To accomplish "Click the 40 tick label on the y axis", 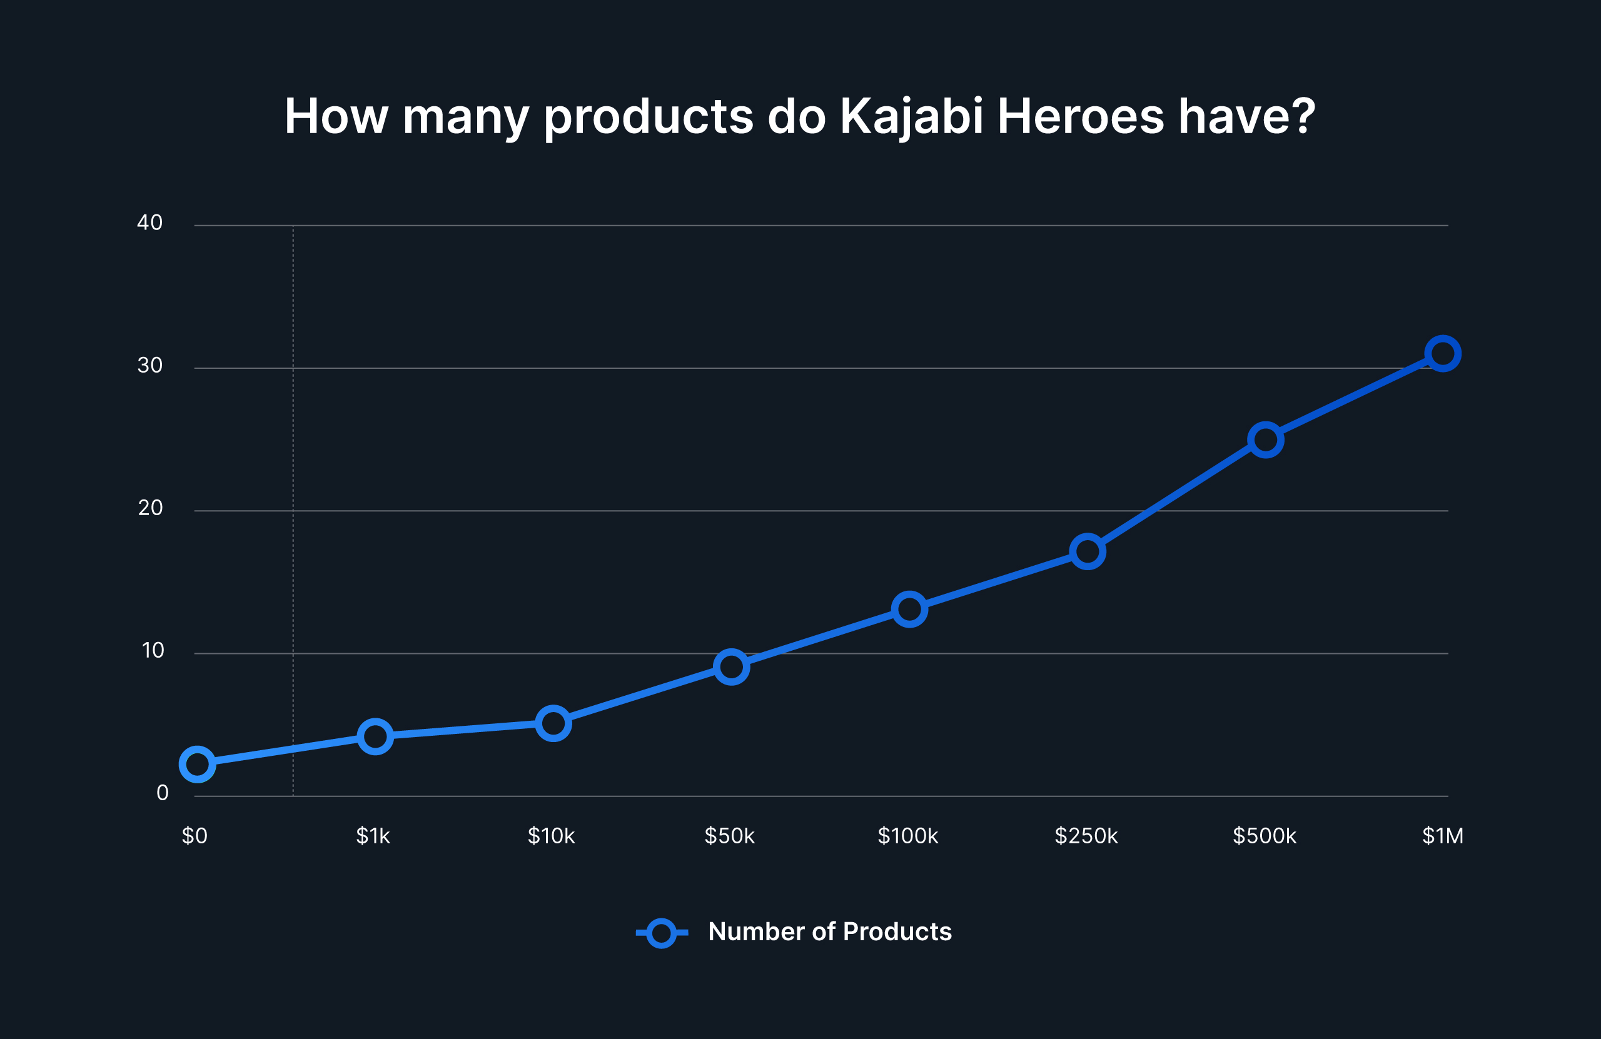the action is click(150, 223).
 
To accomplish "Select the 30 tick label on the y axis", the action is click(150, 365).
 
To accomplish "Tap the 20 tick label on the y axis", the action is click(151, 508).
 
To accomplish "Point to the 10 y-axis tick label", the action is click(153, 650).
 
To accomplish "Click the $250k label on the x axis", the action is click(1086, 836).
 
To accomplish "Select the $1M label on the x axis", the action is click(1443, 836).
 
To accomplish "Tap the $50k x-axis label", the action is click(730, 836).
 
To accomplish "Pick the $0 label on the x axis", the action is click(195, 836).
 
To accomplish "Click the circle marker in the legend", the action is click(661, 933).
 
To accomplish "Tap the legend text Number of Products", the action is click(830, 932).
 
